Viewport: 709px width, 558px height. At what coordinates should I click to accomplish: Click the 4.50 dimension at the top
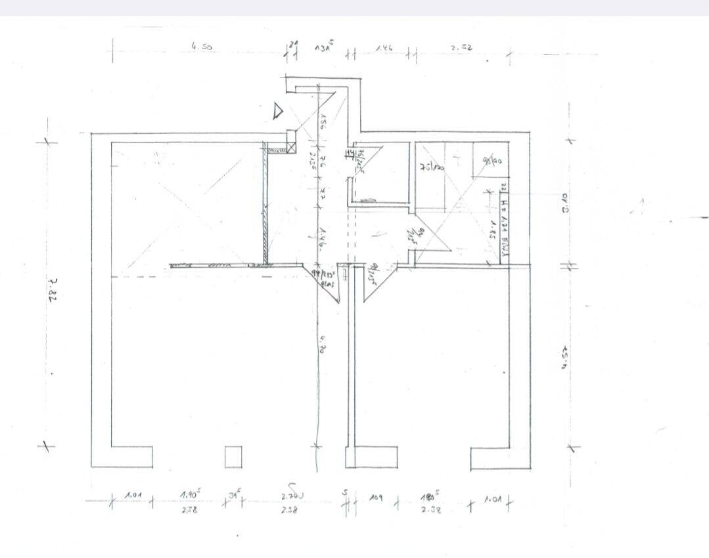(x=202, y=47)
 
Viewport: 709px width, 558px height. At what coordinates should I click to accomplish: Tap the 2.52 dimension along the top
(x=461, y=47)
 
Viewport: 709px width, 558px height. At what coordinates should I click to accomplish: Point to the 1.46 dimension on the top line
(x=384, y=48)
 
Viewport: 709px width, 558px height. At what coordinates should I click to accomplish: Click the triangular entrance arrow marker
(x=278, y=111)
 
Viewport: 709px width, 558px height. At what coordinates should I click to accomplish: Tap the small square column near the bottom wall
(x=233, y=457)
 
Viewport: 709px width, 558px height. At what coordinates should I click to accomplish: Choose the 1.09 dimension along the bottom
(x=375, y=497)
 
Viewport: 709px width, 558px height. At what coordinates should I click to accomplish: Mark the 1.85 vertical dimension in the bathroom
(x=492, y=229)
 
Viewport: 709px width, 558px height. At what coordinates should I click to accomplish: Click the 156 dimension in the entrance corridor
(x=323, y=123)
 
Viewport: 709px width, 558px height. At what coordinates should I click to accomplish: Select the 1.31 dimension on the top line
(x=323, y=47)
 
